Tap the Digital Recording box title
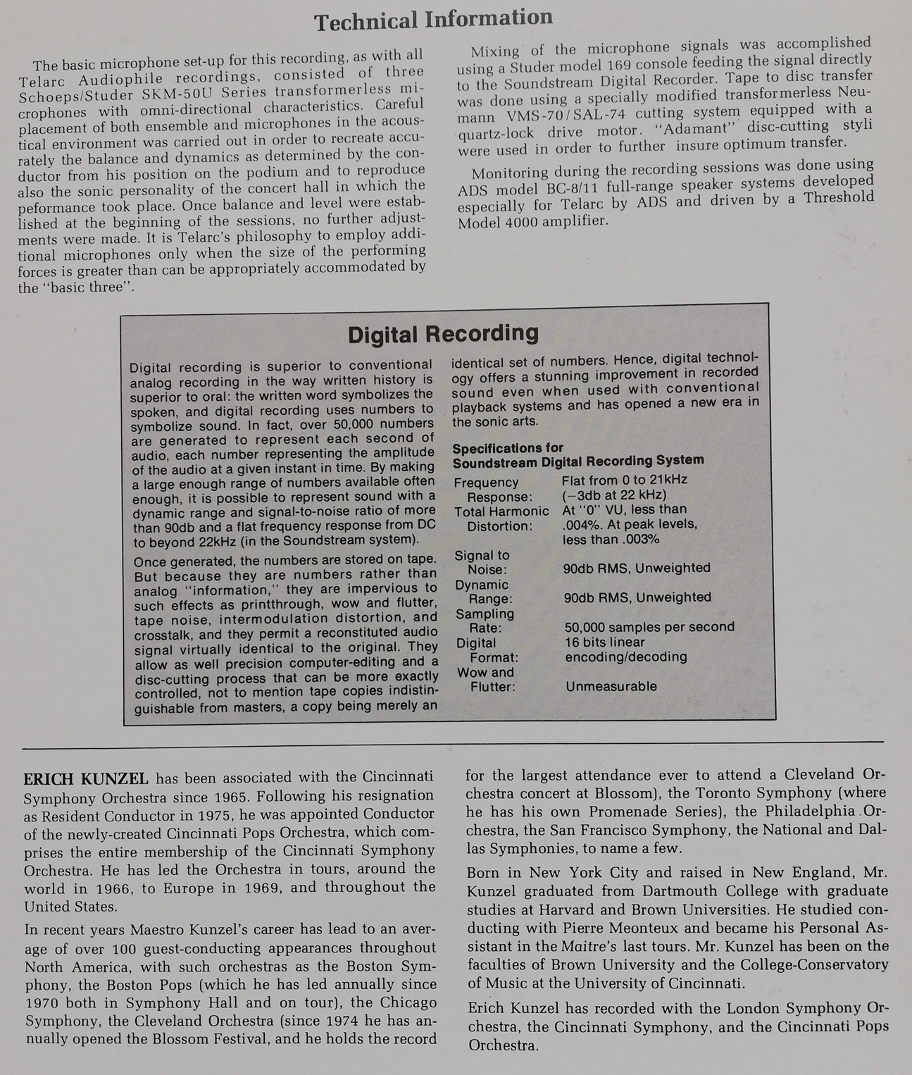443,333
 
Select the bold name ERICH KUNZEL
86,778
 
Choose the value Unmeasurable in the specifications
611,686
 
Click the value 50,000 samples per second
649,627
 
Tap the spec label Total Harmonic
501,511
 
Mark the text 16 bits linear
604,642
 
